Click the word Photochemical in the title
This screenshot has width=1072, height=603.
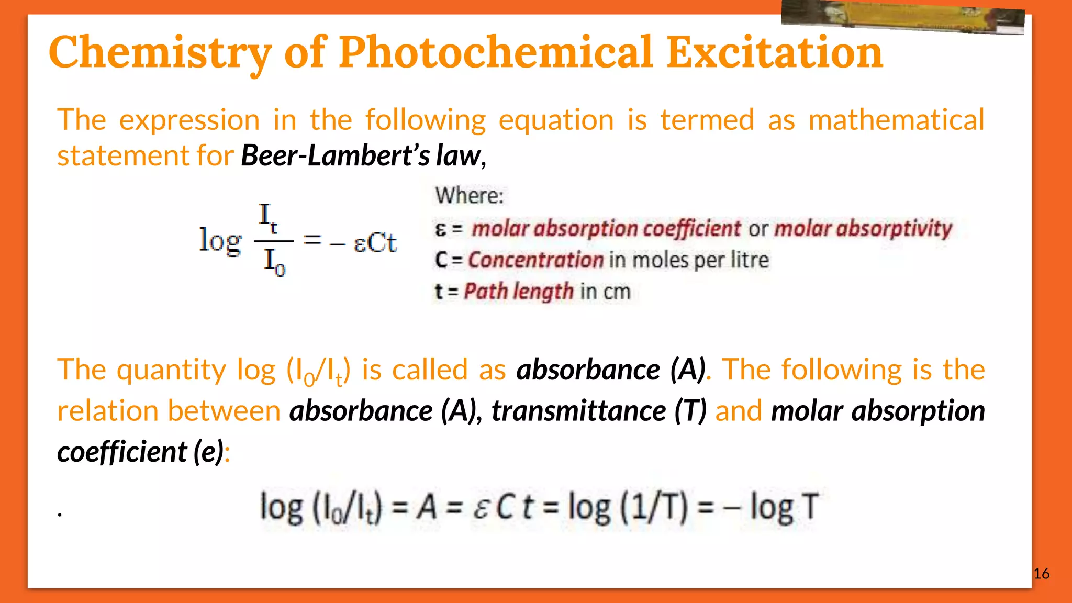tap(496, 52)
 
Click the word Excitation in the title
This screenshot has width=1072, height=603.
tap(775, 52)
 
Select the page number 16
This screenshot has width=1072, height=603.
tap(1041, 574)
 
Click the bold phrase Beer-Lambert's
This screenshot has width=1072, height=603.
tap(335, 156)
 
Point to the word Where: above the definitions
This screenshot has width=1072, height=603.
tap(469, 196)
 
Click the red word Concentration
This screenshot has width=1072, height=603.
tap(536, 260)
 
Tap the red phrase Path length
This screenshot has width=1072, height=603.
tap(518, 292)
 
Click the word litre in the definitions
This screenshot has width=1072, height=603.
tap(750, 260)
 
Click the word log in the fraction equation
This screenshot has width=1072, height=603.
tap(220, 241)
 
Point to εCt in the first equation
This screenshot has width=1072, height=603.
tap(375, 242)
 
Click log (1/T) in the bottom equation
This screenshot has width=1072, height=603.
tap(628, 507)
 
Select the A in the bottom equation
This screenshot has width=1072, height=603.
tap(427, 507)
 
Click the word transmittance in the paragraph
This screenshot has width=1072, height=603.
tap(578, 411)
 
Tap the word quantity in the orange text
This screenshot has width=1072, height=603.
tap(172, 370)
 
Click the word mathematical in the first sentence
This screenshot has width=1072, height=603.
tap(896, 120)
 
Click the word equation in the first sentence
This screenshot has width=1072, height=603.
tap(556, 120)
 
